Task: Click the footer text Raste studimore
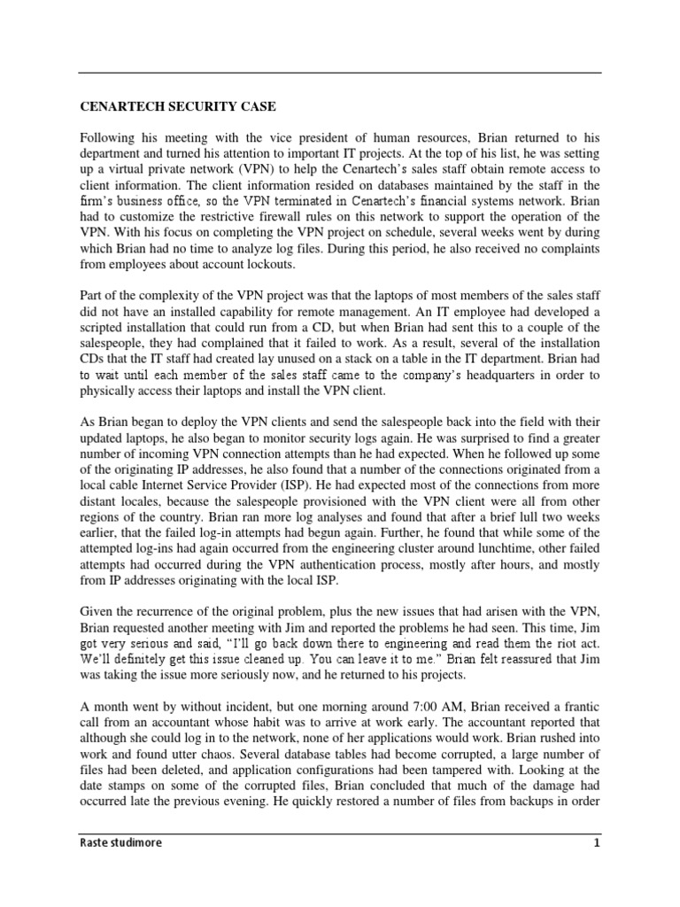(x=123, y=843)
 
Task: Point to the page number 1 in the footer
(x=597, y=843)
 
